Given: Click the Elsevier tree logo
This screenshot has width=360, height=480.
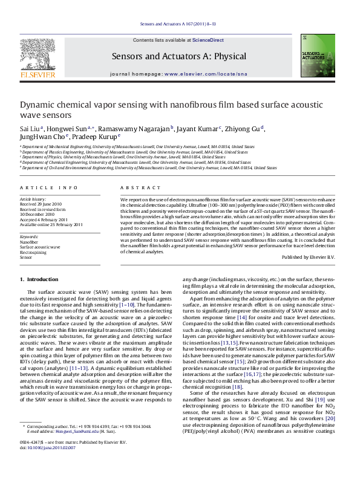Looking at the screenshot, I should click(x=38, y=55).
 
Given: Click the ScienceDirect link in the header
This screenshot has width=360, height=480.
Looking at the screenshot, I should click(x=208, y=40).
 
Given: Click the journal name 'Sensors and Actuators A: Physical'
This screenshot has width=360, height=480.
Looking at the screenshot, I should click(x=179, y=56).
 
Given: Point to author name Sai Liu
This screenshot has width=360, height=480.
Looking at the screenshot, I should click(x=30, y=128).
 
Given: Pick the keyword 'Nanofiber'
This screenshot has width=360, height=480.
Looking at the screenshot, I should click(x=28, y=242).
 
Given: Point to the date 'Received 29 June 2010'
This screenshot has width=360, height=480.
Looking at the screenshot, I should click(x=41, y=204).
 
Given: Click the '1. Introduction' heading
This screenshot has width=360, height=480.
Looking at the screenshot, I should click(x=39, y=279).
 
